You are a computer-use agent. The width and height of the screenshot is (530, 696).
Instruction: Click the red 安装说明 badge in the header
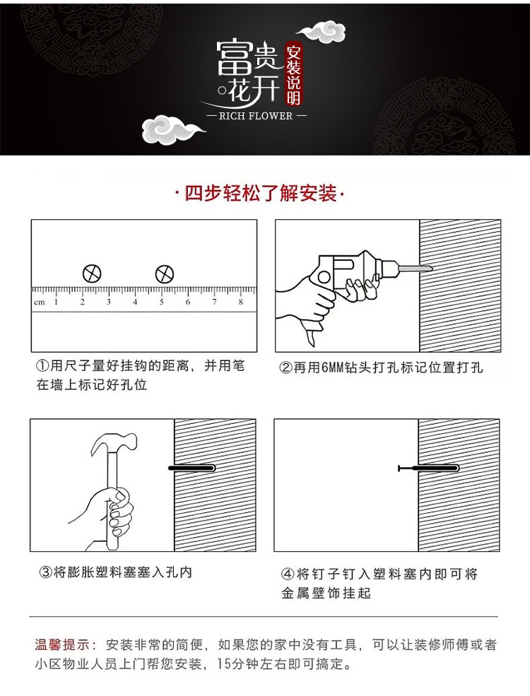(293, 75)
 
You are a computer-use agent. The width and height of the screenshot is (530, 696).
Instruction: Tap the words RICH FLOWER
(256, 117)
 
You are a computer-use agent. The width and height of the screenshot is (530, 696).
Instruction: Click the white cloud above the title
(322, 32)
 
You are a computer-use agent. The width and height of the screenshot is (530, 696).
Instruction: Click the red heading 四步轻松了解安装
(261, 194)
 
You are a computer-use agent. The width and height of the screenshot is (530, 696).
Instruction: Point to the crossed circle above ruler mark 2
(92, 273)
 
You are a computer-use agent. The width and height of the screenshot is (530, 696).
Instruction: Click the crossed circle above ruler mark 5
(164, 274)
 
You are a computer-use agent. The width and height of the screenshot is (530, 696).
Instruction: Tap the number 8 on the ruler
(240, 302)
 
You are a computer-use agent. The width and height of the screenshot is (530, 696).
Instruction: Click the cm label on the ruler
(40, 302)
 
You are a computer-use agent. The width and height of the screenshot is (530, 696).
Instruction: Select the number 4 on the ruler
(135, 302)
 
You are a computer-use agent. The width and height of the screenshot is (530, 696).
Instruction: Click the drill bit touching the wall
(415, 268)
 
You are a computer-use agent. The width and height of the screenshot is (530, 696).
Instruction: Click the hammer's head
(114, 442)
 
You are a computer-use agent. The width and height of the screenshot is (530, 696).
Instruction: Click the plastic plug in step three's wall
(192, 468)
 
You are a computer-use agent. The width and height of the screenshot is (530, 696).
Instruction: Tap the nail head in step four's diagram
(399, 468)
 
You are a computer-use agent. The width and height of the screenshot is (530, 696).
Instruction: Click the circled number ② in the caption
(285, 368)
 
